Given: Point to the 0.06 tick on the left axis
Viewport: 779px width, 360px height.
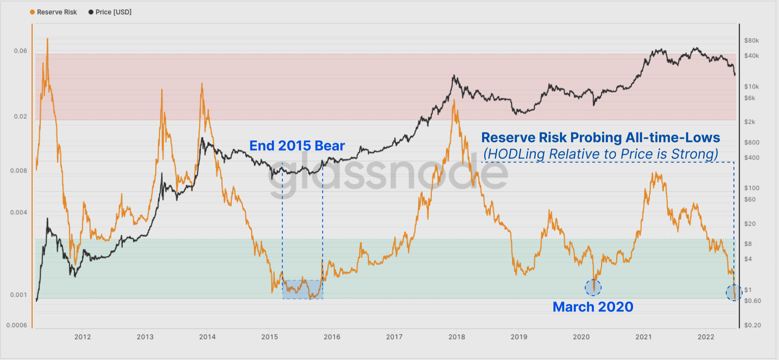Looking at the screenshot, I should [x=20, y=51].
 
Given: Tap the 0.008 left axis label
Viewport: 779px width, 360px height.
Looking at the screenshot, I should [x=19, y=171].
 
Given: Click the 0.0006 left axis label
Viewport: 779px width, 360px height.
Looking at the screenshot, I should [x=17, y=325].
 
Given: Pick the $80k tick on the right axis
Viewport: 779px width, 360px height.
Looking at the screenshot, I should [x=751, y=41].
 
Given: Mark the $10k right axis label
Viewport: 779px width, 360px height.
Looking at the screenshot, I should [x=751, y=87].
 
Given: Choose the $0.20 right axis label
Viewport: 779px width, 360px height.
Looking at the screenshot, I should [x=752, y=325].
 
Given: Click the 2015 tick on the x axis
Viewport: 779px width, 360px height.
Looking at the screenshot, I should [x=269, y=337].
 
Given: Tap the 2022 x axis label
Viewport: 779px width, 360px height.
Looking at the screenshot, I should [x=706, y=337].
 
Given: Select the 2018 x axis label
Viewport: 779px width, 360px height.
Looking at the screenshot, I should [x=457, y=337].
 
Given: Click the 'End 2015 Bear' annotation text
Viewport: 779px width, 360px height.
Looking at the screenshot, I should [x=297, y=146].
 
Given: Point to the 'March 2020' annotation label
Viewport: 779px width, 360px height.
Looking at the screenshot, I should [x=593, y=307].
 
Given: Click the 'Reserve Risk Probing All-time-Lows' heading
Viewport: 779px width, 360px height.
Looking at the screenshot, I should [x=601, y=138].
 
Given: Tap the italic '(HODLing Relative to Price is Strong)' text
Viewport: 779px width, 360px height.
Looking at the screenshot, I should [x=601, y=154].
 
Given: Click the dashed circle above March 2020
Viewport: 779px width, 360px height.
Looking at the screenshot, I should [x=593, y=288].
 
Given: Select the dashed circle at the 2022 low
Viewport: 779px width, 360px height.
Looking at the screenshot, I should [x=734, y=293].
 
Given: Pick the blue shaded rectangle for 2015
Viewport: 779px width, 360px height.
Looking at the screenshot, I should [x=302, y=289].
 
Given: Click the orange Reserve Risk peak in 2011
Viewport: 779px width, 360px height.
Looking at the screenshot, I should [x=47, y=39].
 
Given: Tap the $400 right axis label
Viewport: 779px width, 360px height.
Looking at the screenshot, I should [x=751, y=158].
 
